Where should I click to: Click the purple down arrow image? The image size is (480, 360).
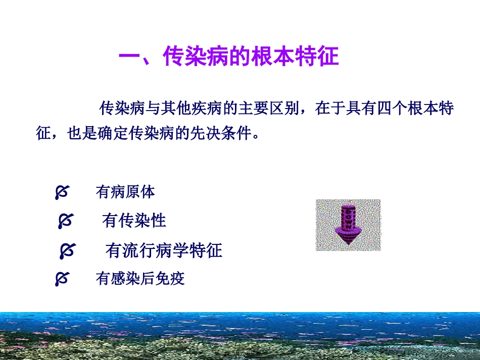pos(348,225)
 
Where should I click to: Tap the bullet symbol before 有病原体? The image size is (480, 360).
pos(62,192)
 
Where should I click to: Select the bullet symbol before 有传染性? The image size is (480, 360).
pos(65,221)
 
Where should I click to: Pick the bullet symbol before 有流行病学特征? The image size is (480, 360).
pos(67,250)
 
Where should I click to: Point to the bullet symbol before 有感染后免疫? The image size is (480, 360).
pos(62,279)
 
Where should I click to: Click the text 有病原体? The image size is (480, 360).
pos(125,192)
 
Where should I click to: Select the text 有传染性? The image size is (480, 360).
pos(134,221)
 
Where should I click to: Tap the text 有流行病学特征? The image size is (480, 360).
pos(164,250)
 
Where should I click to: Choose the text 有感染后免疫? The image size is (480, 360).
pos(140,279)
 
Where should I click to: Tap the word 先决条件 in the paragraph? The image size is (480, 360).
pos(219,134)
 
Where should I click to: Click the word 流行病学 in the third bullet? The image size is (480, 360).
pos(156,250)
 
